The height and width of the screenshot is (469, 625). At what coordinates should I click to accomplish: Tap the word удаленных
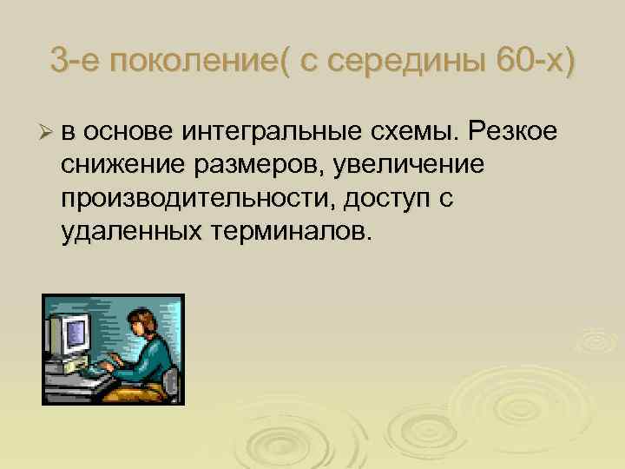(x=128, y=232)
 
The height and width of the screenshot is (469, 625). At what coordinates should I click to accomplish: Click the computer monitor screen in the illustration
(x=76, y=332)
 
